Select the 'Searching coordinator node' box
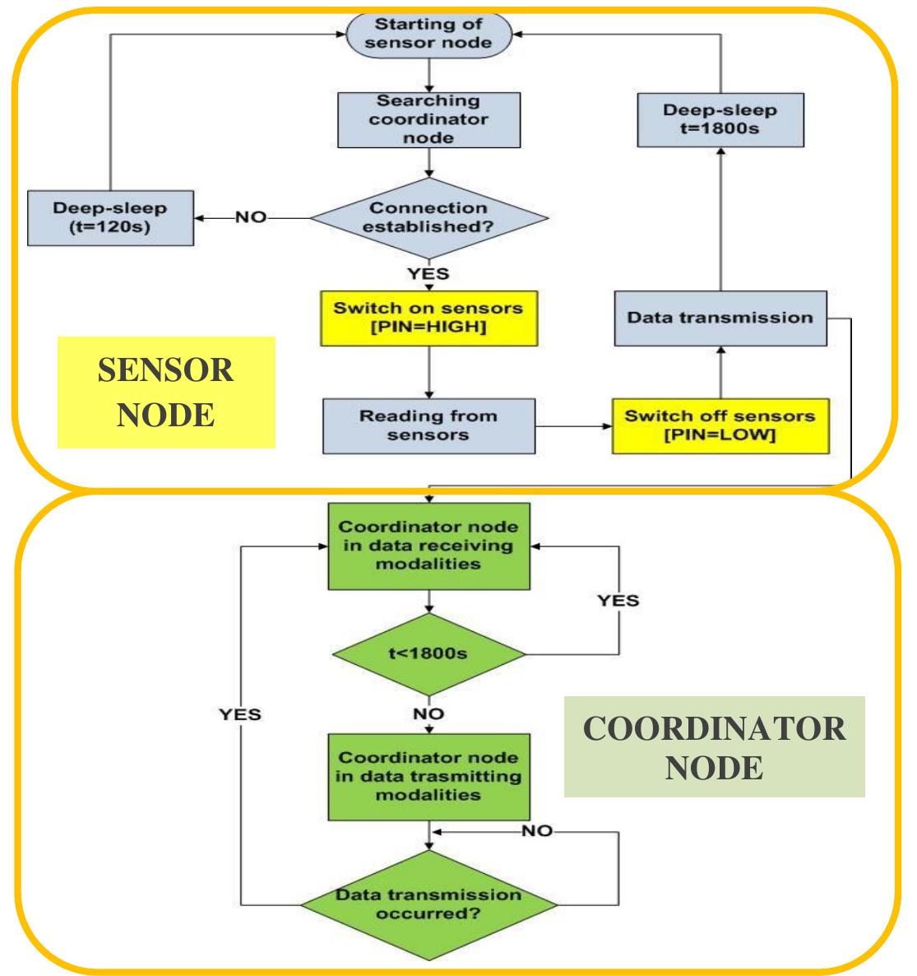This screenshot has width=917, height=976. [428, 119]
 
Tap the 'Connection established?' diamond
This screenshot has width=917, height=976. [428, 217]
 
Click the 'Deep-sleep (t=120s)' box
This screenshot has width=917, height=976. [110, 218]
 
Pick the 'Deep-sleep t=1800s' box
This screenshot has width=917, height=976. [720, 120]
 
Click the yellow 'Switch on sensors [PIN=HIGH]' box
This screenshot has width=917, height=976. [428, 318]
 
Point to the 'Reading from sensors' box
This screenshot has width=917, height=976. [428, 425]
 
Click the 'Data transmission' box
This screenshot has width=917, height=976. [720, 318]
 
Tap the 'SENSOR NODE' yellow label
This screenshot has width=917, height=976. [165, 393]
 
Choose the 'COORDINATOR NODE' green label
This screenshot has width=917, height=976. [714, 747]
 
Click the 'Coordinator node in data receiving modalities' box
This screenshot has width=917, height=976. [428, 545]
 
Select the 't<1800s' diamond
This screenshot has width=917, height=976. [428, 655]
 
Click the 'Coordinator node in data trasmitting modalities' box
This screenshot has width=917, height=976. [428, 776]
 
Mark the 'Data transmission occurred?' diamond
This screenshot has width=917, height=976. [428, 903]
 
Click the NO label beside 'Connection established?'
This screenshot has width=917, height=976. [251, 218]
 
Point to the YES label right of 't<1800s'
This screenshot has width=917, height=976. [618, 600]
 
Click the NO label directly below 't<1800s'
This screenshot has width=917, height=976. [428, 714]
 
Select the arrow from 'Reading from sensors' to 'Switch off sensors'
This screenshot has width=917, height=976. [572, 425]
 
